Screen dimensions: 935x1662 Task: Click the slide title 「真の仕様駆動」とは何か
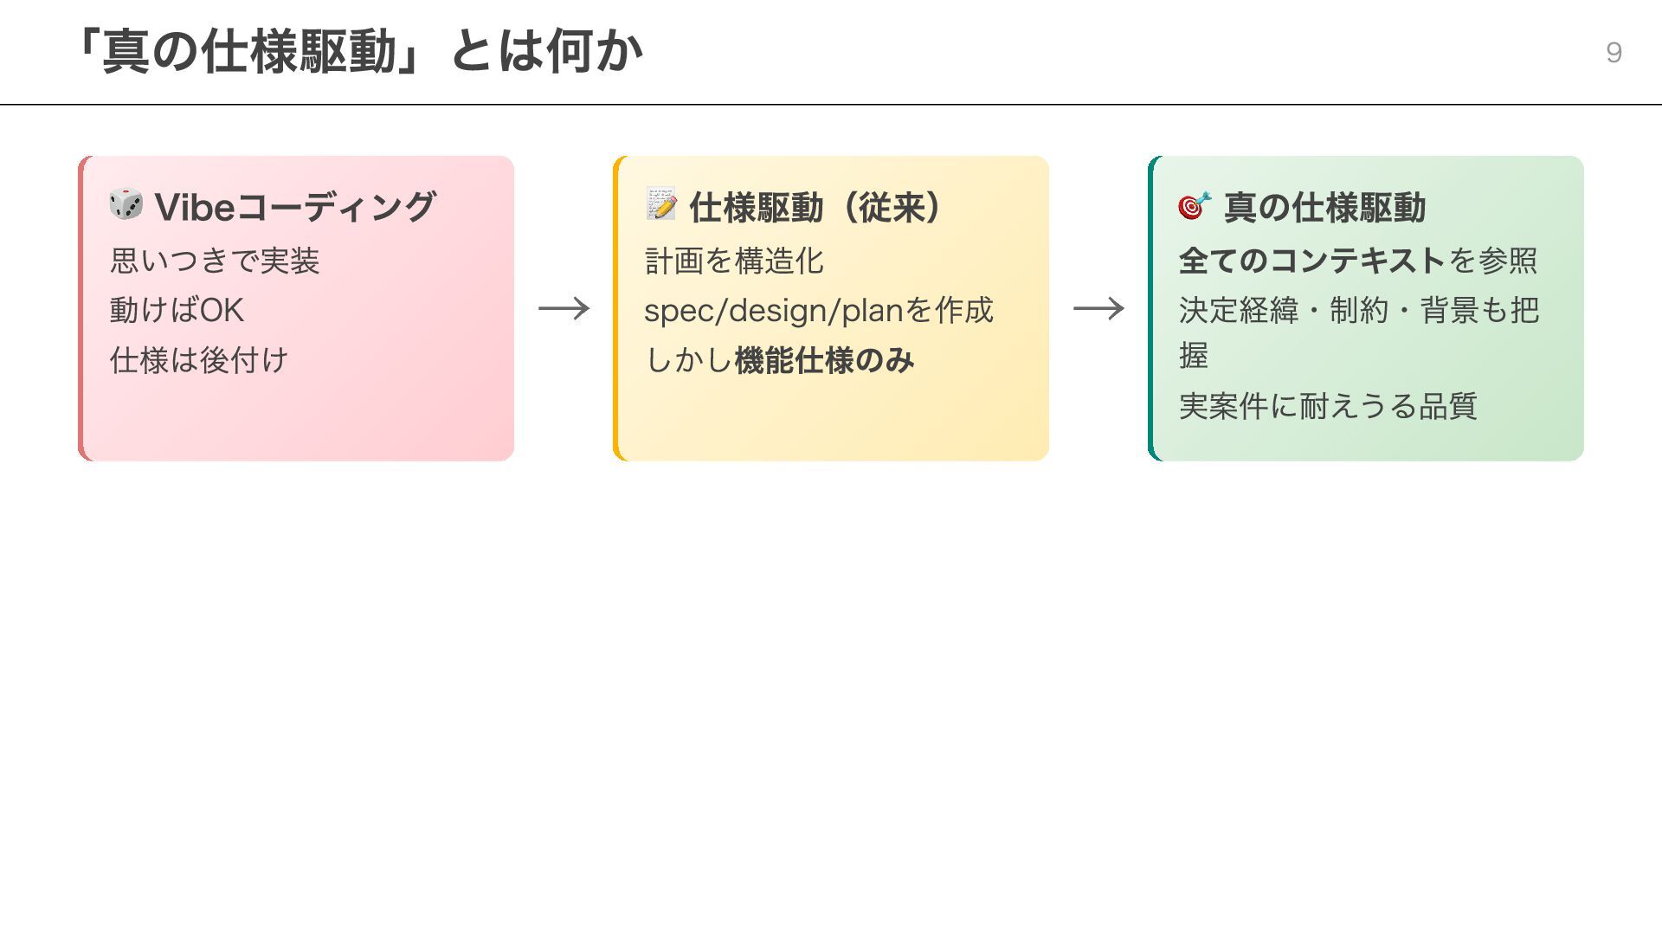(x=357, y=52)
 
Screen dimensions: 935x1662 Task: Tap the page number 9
(x=1614, y=53)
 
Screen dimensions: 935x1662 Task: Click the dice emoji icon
(x=126, y=204)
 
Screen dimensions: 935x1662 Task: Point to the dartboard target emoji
(x=1195, y=205)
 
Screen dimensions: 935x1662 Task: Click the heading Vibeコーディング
(x=295, y=208)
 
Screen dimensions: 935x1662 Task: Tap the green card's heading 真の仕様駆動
(x=1324, y=208)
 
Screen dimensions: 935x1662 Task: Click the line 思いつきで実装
(x=215, y=261)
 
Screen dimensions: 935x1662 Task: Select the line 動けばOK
(x=177, y=310)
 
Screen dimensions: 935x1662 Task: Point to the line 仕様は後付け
(x=199, y=360)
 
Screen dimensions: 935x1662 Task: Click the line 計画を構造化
(x=734, y=261)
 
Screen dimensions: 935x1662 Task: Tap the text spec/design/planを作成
(x=819, y=310)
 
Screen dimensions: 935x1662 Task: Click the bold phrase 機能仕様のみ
(x=824, y=360)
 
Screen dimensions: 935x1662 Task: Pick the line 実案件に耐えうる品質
(x=1328, y=406)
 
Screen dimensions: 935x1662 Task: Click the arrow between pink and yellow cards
(x=564, y=308)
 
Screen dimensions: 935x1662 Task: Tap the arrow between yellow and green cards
(x=1098, y=308)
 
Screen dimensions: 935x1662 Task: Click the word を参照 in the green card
(x=1493, y=261)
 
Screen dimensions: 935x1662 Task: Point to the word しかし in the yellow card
(x=689, y=360)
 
